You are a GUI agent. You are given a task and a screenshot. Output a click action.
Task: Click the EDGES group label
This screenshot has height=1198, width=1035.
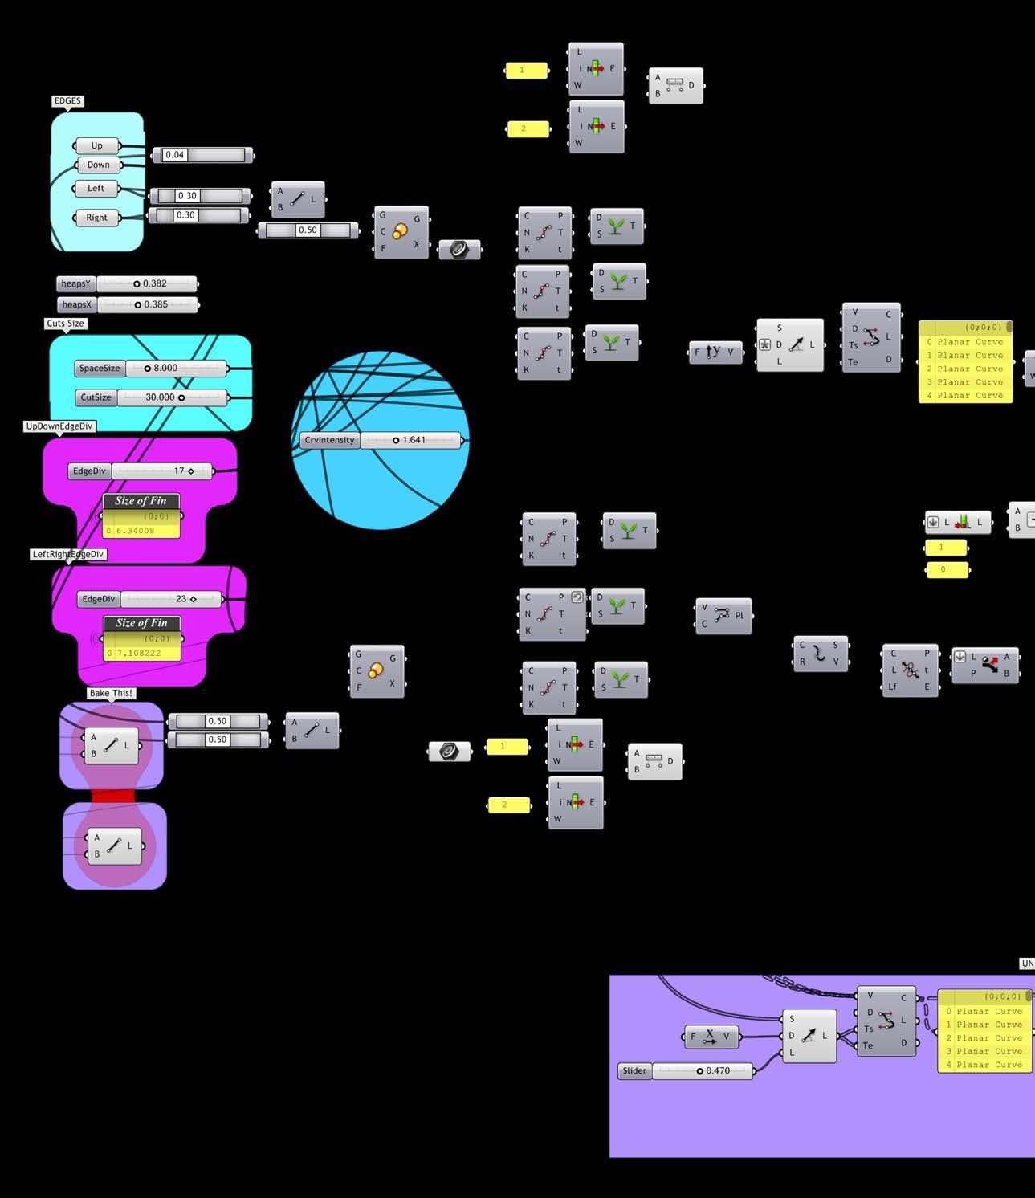pyautogui.click(x=67, y=101)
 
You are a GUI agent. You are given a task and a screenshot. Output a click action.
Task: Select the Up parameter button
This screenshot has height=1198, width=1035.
pyautogui.click(x=97, y=146)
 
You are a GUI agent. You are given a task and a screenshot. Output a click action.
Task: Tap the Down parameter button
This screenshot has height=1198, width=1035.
pyautogui.click(x=98, y=165)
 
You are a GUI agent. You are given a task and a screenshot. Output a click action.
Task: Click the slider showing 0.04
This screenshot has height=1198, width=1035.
pyautogui.click(x=203, y=155)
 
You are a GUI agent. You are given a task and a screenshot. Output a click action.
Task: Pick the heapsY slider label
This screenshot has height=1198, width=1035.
pyautogui.click(x=76, y=283)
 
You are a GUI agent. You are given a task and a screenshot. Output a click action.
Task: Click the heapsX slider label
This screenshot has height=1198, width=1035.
pyautogui.click(x=77, y=305)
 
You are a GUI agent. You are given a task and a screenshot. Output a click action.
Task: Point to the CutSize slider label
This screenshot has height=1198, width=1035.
pyautogui.click(x=96, y=397)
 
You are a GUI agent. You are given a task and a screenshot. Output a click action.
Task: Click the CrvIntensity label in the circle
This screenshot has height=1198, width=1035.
pyautogui.click(x=329, y=440)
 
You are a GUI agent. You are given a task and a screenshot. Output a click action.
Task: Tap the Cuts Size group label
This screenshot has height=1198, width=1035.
pyautogui.click(x=65, y=324)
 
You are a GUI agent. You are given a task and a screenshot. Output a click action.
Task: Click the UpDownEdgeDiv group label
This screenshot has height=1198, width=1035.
pyautogui.click(x=59, y=426)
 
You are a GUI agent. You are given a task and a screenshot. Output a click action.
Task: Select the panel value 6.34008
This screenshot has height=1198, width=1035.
pyautogui.click(x=136, y=531)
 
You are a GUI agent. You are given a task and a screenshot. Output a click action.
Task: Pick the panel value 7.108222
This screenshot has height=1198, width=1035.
pyautogui.click(x=139, y=653)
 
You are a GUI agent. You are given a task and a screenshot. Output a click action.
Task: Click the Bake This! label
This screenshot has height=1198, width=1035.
pyautogui.click(x=111, y=693)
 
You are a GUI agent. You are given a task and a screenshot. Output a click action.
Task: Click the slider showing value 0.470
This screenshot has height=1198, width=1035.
pyautogui.click(x=702, y=1071)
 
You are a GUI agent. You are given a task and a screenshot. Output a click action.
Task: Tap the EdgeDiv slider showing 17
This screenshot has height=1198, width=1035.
pyautogui.click(x=165, y=471)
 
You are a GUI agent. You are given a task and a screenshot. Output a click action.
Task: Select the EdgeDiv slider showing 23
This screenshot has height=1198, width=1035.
pyautogui.click(x=170, y=599)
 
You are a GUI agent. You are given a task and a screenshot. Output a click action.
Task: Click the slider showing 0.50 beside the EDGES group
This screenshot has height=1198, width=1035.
pyautogui.click(x=308, y=230)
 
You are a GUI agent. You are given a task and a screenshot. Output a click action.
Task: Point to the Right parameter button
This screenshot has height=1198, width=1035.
pyautogui.click(x=96, y=218)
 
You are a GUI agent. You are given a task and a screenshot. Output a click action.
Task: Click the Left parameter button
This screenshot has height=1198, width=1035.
pyautogui.click(x=96, y=189)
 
